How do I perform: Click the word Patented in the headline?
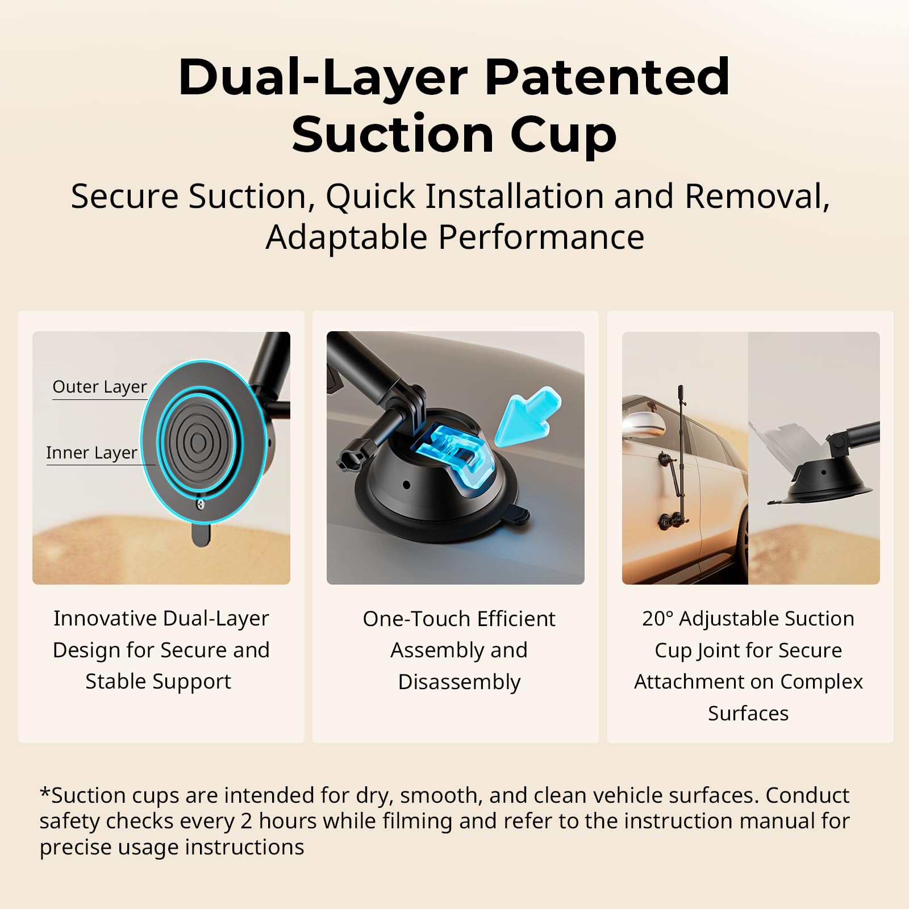607,77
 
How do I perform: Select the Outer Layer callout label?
99,387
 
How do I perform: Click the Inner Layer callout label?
91,453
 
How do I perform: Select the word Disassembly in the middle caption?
459,682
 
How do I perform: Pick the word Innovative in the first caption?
105,618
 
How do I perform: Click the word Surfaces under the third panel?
748,714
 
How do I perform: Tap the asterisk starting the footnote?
45,791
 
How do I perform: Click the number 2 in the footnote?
246,822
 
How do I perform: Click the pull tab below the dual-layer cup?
201,535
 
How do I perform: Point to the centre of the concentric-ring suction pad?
198,443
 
